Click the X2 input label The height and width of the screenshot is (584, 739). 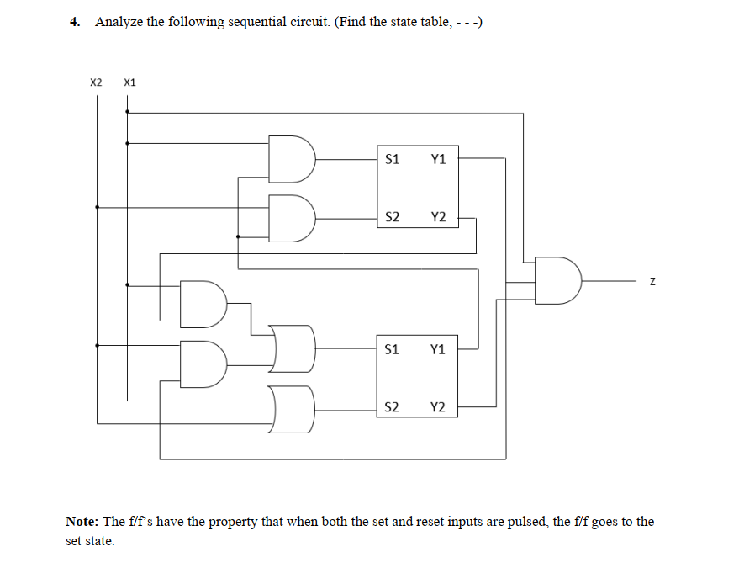[96, 82]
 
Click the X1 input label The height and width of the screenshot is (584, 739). [129, 82]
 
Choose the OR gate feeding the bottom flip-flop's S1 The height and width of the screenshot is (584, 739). [293, 348]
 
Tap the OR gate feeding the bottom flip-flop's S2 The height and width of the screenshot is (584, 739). [293, 408]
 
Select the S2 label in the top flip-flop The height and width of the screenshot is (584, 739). [391, 218]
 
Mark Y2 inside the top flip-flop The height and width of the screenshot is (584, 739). [438, 218]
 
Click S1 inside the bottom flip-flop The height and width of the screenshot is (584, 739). [391, 348]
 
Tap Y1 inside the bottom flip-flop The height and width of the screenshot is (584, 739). [438, 348]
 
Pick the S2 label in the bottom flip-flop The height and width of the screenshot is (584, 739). [391, 408]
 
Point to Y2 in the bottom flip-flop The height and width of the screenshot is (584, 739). [438, 408]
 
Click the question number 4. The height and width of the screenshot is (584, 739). [75, 22]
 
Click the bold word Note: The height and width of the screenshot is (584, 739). [82, 522]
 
